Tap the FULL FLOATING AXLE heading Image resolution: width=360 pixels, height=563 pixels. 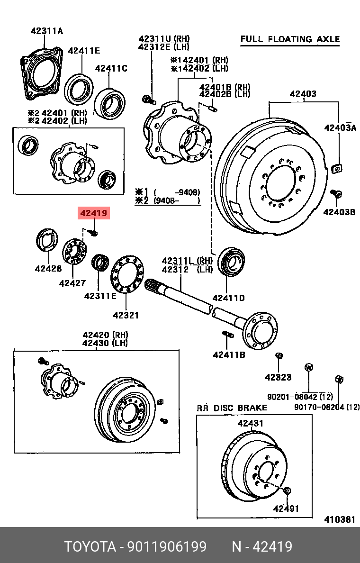tap(290, 39)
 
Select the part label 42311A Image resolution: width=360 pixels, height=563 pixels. tap(47, 31)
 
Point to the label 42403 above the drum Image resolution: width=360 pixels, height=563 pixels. tap(303, 94)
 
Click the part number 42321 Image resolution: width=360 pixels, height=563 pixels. tap(126, 315)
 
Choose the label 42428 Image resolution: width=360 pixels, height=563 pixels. tap(48, 269)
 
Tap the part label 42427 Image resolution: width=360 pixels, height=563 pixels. tap(72, 283)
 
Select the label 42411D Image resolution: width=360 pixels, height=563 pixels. tap(228, 298)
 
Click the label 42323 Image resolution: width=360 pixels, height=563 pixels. tap(278, 377)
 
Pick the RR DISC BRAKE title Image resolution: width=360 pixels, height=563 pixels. tap(232, 408)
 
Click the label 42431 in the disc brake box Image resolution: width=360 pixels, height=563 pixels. tap(251, 423)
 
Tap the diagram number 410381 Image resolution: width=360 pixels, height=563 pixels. tap(340, 519)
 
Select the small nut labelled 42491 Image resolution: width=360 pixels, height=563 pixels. tap(288, 491)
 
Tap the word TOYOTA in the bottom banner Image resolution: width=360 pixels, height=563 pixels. tap(90, 547)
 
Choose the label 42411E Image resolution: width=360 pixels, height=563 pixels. tap(84, 51)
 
